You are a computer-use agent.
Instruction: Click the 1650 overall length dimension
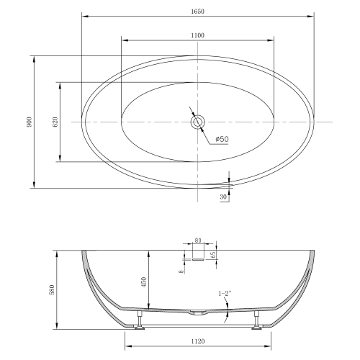click(198, 12)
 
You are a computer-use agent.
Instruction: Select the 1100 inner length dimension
click(198, 35)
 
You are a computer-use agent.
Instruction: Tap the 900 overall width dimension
click(29, 122)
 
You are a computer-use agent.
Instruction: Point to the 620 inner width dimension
click(55, 122)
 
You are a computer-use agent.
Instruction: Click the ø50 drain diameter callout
click(222, 139)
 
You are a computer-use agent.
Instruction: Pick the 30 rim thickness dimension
click(223, 197)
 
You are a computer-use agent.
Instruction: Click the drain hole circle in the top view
click(198, 122)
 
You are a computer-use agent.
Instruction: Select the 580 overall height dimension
click(52, 289)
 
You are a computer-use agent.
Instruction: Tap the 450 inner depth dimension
click(144, 282)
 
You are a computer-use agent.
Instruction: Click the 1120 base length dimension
click(198, 341)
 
